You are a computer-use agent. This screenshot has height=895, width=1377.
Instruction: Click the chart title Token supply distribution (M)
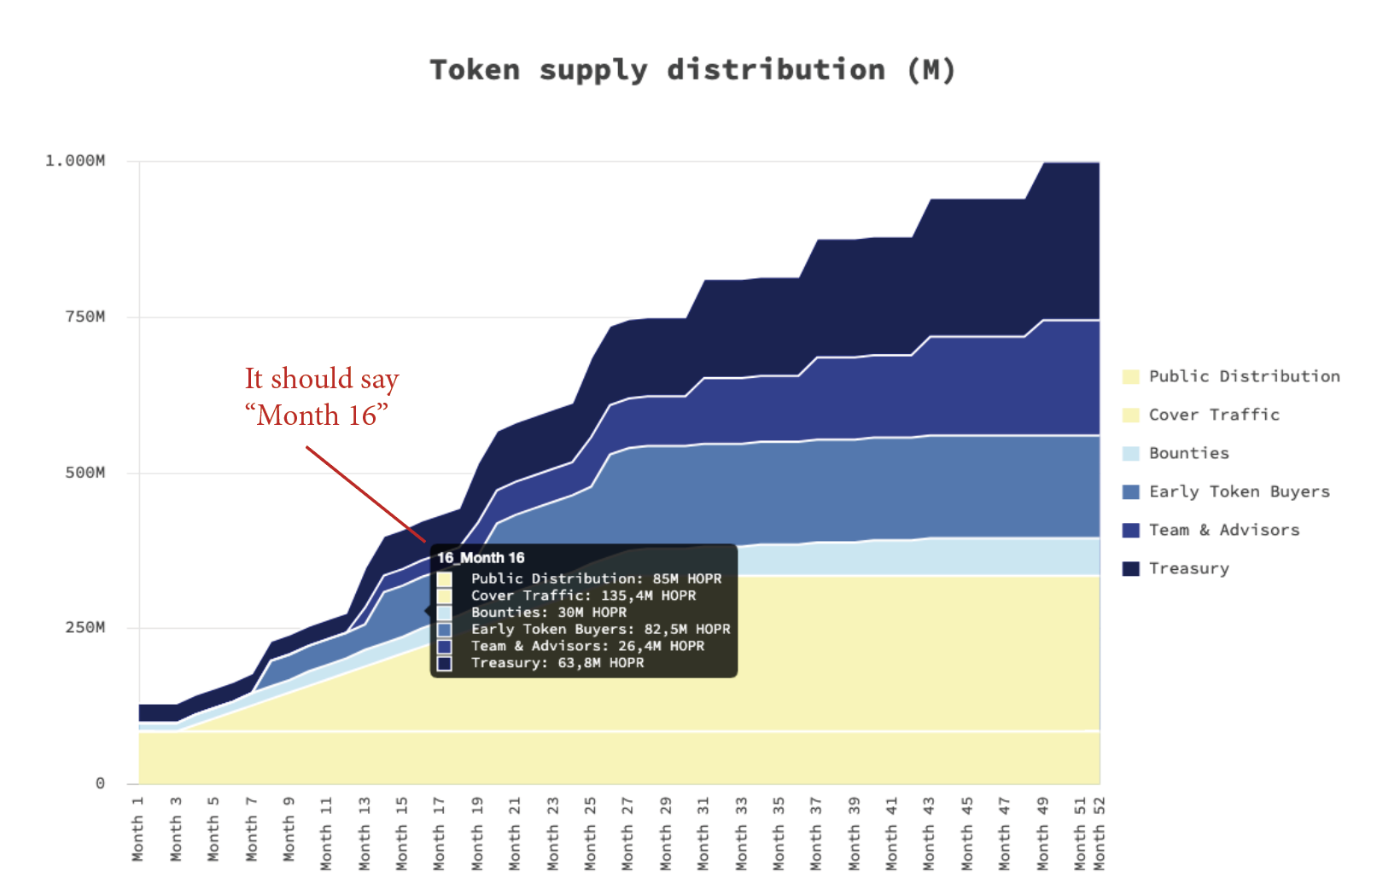(x=691, y=70)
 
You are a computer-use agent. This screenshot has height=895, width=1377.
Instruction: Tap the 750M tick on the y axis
(x=85, y=317)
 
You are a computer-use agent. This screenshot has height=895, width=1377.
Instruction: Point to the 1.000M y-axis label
(x=75, y=160)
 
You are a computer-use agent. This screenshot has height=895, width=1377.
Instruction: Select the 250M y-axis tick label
(x=85, y=627)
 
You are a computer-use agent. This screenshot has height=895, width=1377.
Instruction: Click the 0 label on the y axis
(x=100, y=783)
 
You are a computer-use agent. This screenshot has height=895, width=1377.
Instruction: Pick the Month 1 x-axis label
(x=138, y=828)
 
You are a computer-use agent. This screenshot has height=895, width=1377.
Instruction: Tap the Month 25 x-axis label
(x=590, y=834)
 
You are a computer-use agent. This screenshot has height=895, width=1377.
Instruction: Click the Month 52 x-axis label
(x=1100, y=834)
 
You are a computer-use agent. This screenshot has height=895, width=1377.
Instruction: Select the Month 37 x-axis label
(x=816, y=834)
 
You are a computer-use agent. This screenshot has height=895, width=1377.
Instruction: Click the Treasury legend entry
(x=1188, y=568)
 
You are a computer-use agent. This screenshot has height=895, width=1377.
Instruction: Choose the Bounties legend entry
(x=1188, y=453)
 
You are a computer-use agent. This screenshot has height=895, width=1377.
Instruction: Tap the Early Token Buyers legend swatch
(x=1131, y=492)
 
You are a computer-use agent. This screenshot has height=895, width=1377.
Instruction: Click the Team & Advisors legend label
(x=1223, y=530)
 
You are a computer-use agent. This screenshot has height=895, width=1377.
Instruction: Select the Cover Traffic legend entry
(x=1213, y=415)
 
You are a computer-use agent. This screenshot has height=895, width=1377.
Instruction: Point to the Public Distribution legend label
(x=1244, y=376)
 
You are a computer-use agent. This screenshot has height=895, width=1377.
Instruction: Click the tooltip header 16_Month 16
(x=481, y=558)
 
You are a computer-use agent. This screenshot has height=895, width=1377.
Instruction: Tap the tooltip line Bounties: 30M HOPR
(x=548, y=612)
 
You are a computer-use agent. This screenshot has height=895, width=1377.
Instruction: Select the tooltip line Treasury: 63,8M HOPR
(x=557, y=663)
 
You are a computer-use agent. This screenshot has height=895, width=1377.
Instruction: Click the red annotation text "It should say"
(x=322, y=379)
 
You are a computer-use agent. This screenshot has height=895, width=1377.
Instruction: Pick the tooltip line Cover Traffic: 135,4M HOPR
(x=583, y=596)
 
